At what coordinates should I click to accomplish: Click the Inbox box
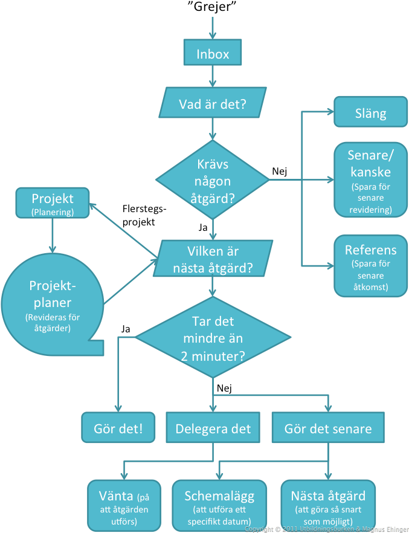(213, 54)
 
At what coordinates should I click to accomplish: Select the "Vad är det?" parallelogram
(213, 103)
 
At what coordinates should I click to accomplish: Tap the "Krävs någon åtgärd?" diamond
(213, 179)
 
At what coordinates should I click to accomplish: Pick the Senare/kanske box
(370, 180)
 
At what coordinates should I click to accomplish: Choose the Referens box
(370, 266)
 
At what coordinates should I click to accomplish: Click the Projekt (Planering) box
(53, 204)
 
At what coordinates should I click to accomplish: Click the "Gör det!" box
(118, 429)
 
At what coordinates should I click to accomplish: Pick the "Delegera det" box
(213, 429)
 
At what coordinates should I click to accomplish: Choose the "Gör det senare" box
(328, 429)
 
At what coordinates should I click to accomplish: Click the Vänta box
(124, 504)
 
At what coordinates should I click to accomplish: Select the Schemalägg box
(219, 504)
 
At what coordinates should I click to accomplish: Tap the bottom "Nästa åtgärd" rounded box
(328, 504)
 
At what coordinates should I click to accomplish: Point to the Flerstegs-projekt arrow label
(143, 216)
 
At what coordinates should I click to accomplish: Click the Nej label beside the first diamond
(279, 171)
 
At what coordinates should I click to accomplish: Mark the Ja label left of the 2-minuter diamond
(126, 329)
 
